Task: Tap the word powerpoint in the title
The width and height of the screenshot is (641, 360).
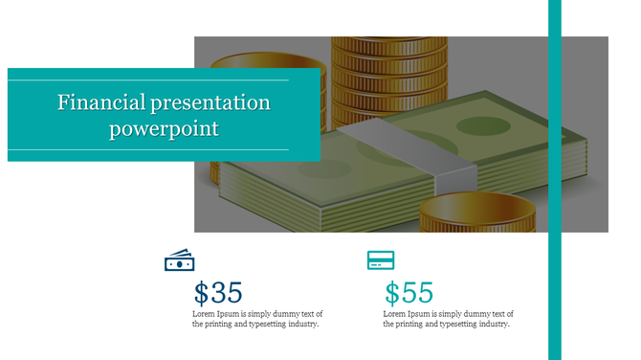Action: [x=164, y=128]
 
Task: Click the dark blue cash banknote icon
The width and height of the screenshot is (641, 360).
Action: [x=180, y=260]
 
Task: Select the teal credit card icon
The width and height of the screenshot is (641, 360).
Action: [x=381, y=260]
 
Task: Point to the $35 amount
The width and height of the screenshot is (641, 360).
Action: [x=218, y=293]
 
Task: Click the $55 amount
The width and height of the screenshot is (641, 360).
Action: [x=409, y=293]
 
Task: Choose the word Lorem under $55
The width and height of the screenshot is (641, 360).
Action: [x=396, y=314]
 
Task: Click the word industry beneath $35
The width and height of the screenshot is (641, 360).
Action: [x=299, y=325]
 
